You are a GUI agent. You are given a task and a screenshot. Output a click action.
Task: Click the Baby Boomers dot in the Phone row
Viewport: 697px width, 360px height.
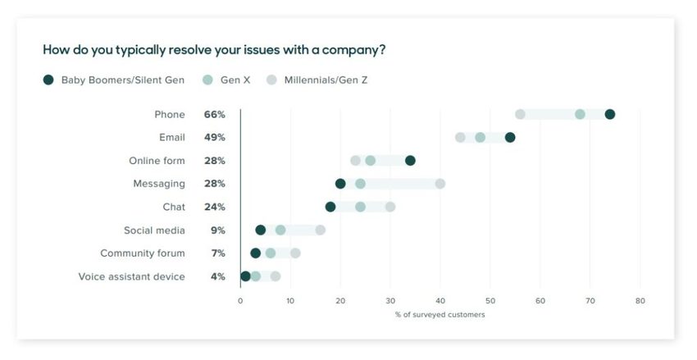(609, 114)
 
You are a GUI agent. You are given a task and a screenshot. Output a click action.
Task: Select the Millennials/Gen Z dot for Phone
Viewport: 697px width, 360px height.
(520, 114)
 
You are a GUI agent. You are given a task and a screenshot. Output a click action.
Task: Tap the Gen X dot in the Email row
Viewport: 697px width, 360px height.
(480, 137)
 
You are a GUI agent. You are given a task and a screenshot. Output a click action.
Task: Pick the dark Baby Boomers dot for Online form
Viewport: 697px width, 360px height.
(410, 160)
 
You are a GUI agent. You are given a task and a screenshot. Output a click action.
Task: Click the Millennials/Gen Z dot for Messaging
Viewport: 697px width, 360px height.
(440, 184)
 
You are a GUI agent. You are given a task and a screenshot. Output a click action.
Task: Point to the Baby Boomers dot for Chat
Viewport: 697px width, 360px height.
(330, 207)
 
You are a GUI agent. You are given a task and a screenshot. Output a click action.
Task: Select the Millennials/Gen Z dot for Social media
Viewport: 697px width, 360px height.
(320, 230)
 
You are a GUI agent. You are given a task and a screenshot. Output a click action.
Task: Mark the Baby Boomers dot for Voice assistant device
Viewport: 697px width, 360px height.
(245, 276)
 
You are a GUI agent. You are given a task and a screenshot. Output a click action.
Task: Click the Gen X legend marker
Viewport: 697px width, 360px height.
(207, 80)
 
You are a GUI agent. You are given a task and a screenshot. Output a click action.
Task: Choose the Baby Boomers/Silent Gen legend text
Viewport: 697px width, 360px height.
(122, 80)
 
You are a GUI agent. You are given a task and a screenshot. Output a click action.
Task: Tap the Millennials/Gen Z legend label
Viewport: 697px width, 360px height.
(326, 80)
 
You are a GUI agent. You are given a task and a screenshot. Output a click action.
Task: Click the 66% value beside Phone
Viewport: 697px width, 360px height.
(215, 115)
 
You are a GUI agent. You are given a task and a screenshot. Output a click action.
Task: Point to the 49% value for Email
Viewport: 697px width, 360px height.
(215, 138)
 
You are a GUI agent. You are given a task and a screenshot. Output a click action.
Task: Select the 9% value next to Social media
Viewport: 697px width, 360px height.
(217, 230)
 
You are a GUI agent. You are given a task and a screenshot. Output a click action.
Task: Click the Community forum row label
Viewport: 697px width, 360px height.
(143, 253)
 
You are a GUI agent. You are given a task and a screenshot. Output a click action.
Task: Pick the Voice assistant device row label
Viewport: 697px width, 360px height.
(131, 276)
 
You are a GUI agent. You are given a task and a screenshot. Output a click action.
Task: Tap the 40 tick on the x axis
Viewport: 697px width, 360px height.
(440, 301)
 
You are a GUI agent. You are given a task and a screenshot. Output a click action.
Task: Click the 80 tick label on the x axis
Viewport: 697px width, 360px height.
(640, 301)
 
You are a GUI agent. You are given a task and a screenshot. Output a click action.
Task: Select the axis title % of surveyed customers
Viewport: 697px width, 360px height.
(440, 315)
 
